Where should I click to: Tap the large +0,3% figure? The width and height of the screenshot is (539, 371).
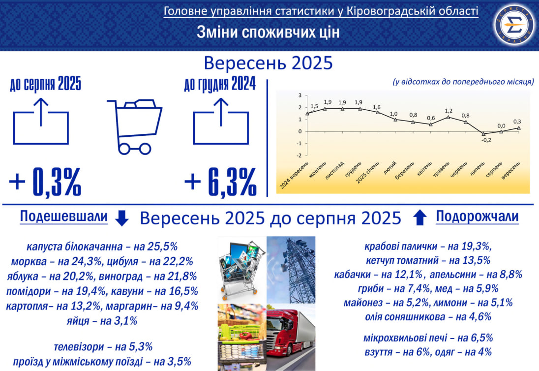[45, 182]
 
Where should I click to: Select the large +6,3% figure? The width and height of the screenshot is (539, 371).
[220, 182]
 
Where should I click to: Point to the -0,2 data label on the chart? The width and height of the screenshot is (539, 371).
[486, 141]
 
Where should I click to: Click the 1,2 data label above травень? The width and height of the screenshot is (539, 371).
[448, 111]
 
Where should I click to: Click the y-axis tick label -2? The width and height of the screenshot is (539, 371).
[299, 155]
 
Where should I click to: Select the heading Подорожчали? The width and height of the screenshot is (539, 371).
[477, 216]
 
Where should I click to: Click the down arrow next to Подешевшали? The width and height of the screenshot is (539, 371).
[121, 218]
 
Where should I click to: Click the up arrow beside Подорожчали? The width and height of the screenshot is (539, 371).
[419, 217]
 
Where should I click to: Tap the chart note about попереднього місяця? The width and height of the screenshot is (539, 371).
[463, 82]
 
